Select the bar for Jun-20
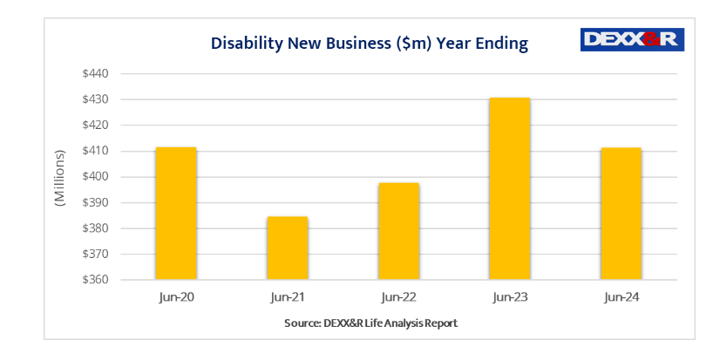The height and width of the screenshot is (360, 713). tap(176, 214)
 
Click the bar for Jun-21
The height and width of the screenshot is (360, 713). tap(288, 248)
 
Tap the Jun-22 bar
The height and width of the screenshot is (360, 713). tap(399, 231)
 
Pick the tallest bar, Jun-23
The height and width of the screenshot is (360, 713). tap(510, 188)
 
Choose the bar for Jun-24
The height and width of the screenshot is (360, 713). tap(621, 214)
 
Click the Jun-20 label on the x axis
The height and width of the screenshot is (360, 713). tap(176, 297)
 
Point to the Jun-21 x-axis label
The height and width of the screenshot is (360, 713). tap(288, 297)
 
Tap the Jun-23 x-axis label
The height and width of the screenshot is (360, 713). tap(510, 297)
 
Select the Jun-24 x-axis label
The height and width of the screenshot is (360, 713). tap(621, 297)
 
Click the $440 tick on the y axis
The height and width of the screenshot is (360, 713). tap(95, 73)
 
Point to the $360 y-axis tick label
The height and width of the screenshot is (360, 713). tap(95, 280)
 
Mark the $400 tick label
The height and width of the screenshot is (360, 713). tap(95, 177)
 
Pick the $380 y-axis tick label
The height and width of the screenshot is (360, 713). tap(95, 228)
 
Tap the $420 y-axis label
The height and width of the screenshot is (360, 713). tap(95, 125)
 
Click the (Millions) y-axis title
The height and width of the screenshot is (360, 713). tap(59, 178)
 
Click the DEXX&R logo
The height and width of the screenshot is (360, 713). tap(632, 39)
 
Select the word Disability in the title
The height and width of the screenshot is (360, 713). tap(247, 44)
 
